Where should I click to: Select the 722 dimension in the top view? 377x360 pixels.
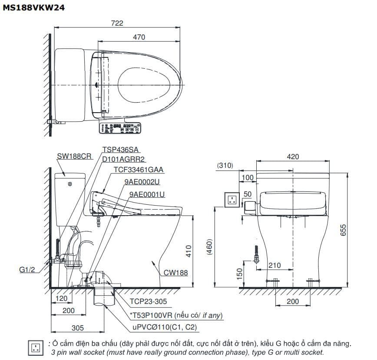tap(117, 23)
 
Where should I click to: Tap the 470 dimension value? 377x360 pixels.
tap(139, 38)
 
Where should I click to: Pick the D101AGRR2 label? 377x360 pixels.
tap(123, 159)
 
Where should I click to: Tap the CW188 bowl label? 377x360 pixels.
tap(176, 273)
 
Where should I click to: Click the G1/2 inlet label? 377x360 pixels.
tap(27, 270)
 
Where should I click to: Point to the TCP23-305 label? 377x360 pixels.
tap(148, 301)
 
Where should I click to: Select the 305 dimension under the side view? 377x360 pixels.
tap(78, 328)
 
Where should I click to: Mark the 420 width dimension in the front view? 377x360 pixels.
tap(293, 157)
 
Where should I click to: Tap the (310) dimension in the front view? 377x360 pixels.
tap(225, 165)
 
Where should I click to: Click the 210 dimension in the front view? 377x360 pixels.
tap(274, 265)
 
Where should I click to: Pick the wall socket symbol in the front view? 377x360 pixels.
tap(231, 200)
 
